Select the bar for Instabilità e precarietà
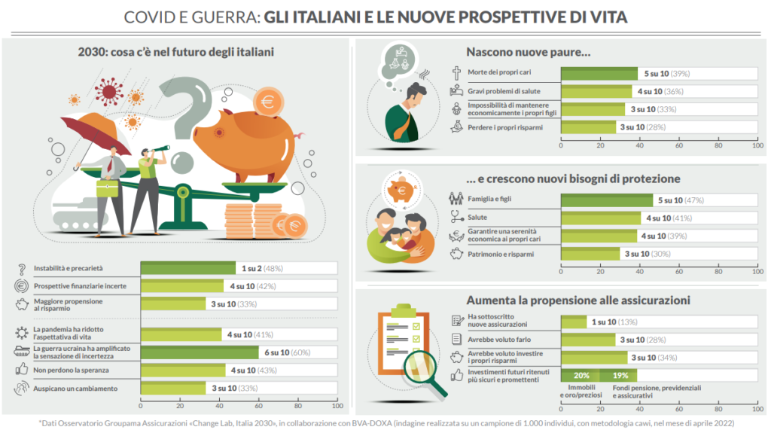[x=188, y=268]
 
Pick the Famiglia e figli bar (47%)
[x=607, y=200]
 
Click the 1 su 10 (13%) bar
[x=574, y=322]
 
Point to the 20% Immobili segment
[x=581, y=375]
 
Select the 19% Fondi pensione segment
[x=619, y=375]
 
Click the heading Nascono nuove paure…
[x=528, y=53]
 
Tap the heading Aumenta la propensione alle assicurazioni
[x=577, y=300]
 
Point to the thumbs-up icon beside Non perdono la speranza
[x=20, y=370]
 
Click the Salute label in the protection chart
[x=477, y=218]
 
